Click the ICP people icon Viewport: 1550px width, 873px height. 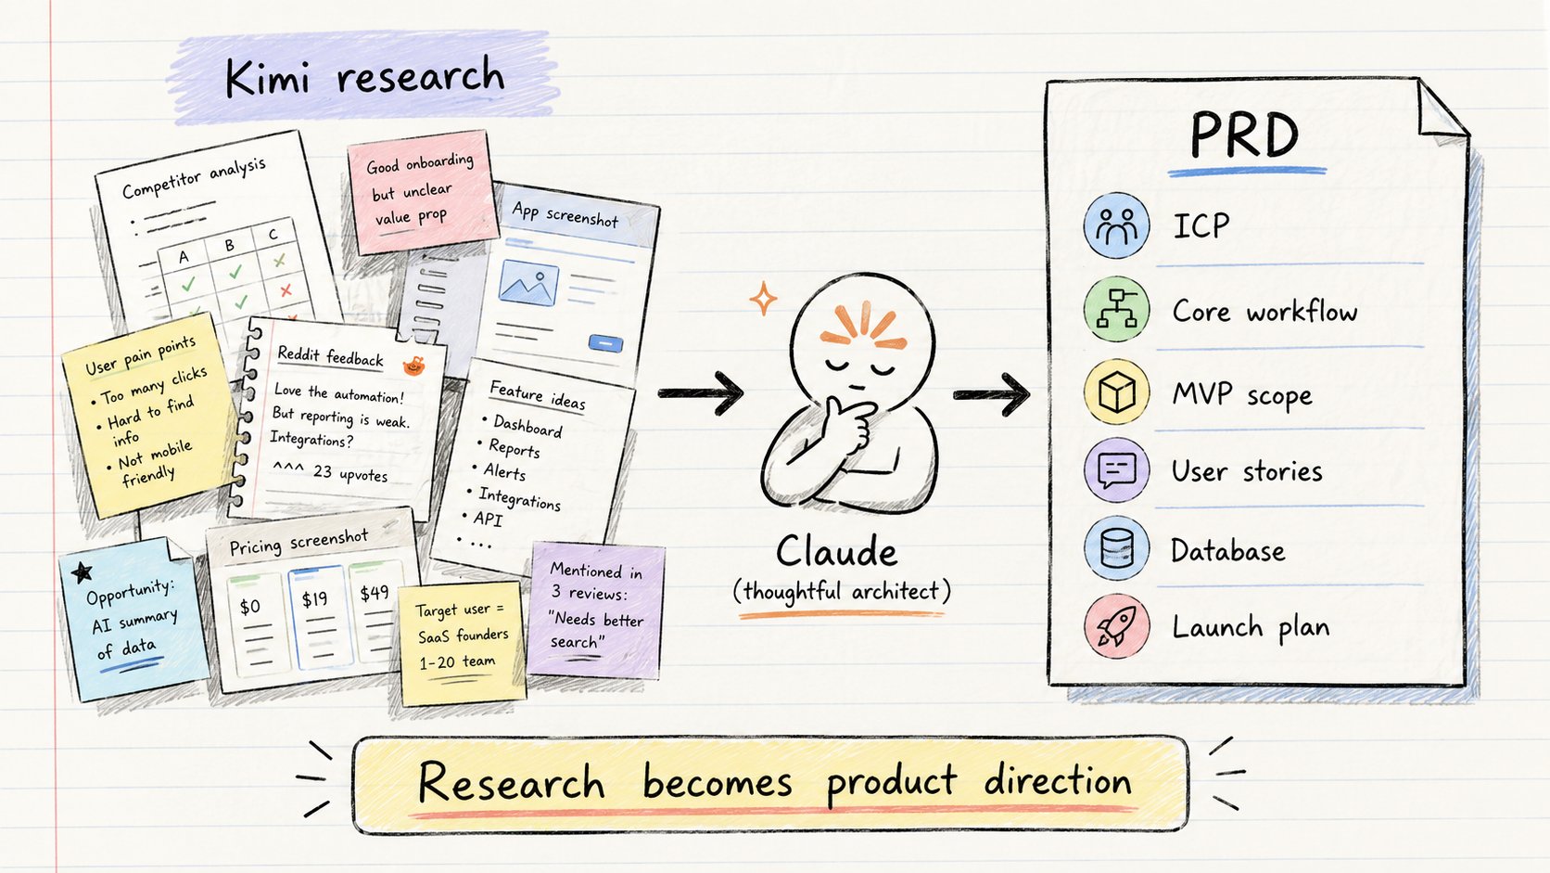point(1116,225)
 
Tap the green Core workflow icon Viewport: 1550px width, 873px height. point(1116,309)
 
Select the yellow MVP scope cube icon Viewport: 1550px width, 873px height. point(1116,392)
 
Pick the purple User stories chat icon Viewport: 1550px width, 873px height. point(1116,470)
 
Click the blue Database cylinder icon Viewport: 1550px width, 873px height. point(1116,547)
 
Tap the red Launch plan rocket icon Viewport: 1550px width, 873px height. point(1116,626)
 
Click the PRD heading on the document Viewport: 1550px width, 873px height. point(1243,135)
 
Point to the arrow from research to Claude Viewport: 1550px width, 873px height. point(700,393)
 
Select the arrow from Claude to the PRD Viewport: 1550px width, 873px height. point(992,394)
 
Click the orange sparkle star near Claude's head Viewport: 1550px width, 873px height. point(763,299)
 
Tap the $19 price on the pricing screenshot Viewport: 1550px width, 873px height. point(315,598)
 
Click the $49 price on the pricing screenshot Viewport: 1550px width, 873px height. point(375,593)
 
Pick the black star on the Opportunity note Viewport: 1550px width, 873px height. point(83,571)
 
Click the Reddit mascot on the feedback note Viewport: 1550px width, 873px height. point(413,365)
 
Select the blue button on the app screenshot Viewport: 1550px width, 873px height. point(605,343)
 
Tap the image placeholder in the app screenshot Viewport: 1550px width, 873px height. point(528,282)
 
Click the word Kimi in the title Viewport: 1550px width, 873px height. point(267,78)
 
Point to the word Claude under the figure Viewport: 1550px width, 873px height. point(836,552)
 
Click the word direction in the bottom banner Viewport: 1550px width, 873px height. point(1058,781)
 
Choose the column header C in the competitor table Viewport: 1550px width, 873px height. point(273,234)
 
